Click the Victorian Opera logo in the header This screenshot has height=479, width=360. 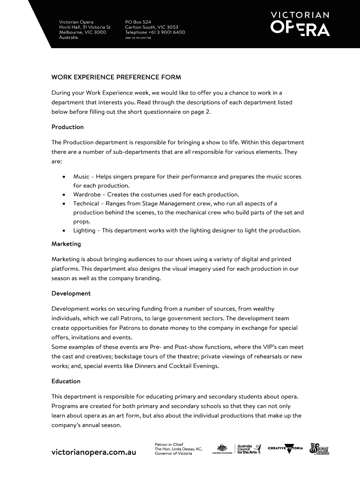tap(300, 24)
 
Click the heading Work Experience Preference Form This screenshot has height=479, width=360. tap(116, 77)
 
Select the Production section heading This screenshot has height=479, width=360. tap(67, 127)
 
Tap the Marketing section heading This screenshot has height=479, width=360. tap(66, 244)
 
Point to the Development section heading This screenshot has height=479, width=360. tap(71, 293)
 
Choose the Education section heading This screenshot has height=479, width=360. tap(66, 381)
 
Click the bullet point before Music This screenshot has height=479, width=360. tap(63, 177)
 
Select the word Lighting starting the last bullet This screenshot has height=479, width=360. tap(84, 231)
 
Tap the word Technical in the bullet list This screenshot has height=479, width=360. tap(86, 203)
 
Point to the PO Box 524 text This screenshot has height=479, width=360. tap(138, 22)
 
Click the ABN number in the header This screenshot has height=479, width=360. tap(138, 38)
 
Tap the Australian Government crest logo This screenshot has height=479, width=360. tap(222, 449)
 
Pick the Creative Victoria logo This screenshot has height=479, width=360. tap(285, 449)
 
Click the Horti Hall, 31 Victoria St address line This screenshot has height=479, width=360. tap(85, 27)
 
